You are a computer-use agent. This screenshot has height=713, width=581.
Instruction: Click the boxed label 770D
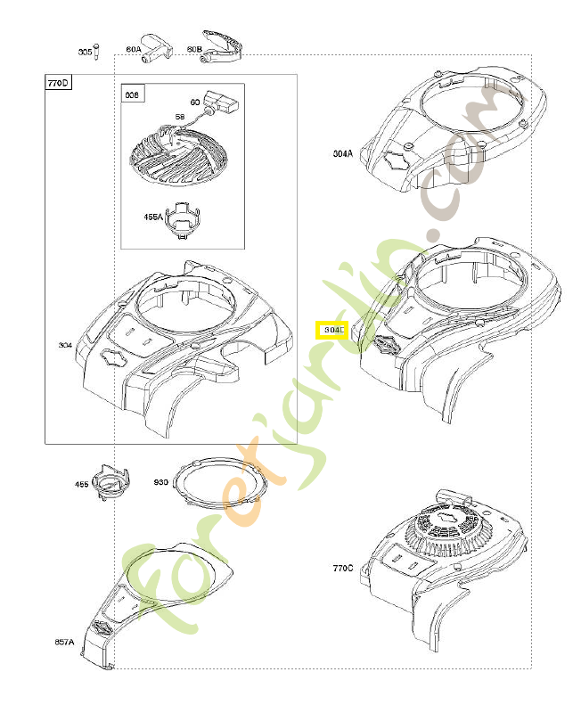[58, 84]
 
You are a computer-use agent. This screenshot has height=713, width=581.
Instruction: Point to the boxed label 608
[132, 94]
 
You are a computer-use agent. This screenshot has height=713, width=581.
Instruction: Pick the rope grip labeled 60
[217, 101]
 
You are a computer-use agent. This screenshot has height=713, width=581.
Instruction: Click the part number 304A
[343, 153]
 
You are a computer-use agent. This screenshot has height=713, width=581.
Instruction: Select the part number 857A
[64, 642]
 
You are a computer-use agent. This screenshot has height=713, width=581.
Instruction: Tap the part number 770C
[343, 567]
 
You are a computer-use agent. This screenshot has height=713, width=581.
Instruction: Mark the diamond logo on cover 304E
[386, 344]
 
